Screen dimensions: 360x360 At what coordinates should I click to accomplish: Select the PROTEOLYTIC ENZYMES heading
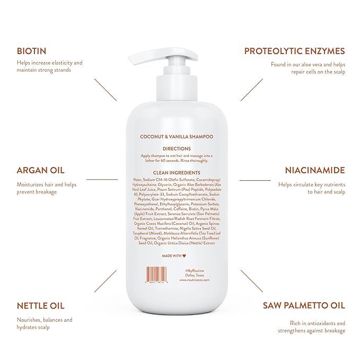[294, 51]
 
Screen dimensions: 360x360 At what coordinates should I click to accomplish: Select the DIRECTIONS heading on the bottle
[179, 148]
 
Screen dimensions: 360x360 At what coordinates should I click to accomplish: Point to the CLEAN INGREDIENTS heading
[179, 173]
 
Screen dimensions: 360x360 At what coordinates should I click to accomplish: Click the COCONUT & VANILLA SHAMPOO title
[179, 136]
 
